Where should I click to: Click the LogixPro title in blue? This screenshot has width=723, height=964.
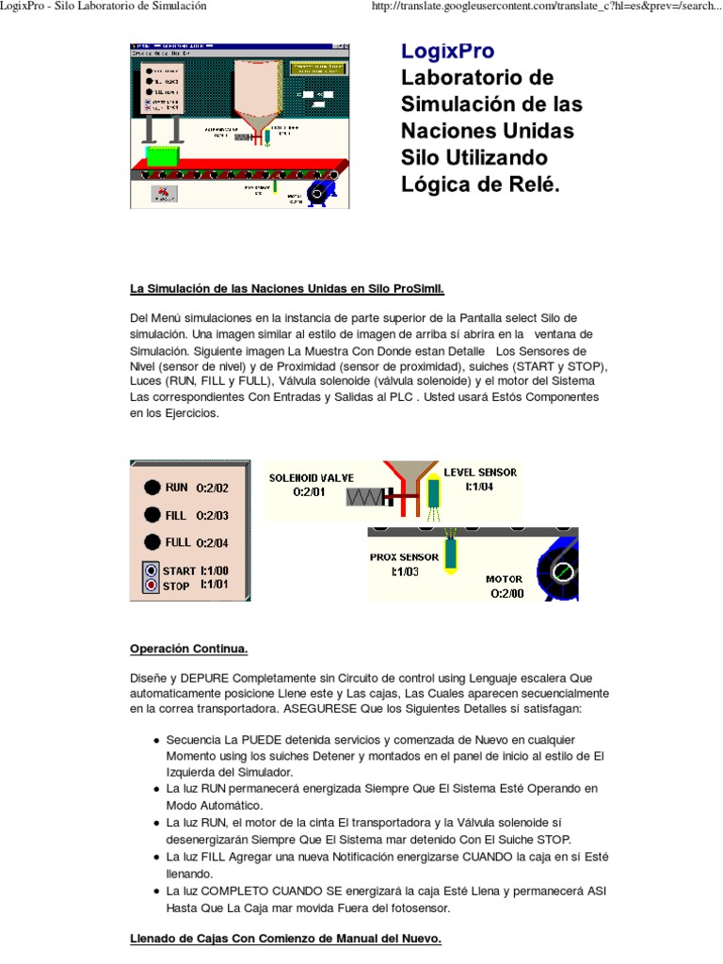click(447, 51)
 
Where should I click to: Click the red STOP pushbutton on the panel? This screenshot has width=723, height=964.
click(151, 586)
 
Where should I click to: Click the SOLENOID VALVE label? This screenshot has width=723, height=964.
click(310, 477)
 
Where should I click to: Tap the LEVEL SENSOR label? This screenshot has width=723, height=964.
click(480, 472)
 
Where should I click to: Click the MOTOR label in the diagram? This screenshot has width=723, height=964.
click(504, 579)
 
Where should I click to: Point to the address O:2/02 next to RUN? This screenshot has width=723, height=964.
click(212, 488)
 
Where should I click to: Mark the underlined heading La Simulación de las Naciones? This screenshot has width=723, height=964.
click(286, 286)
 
